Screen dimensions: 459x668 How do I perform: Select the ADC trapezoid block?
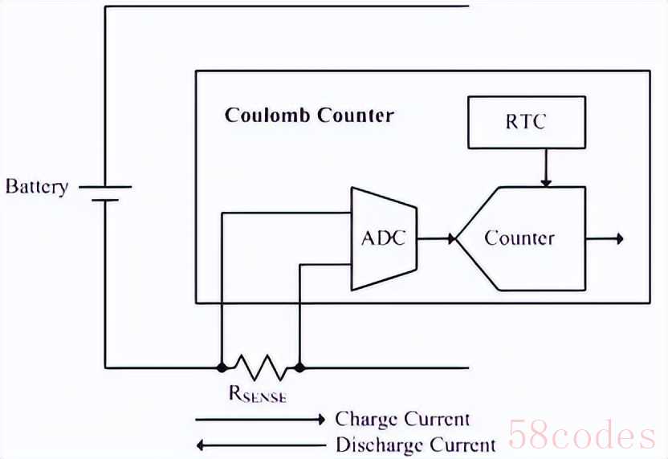pyautogui.click(x=384, y=238)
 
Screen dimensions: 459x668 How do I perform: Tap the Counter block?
pyautogui.click(x=519, y=238)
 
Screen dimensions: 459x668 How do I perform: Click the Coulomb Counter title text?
pyautogui.click(x=309, y=115)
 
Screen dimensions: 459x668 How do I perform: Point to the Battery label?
pyautogui.click(x=37, y=187)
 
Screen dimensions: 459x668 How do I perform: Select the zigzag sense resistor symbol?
pyautogui.click(x=259, y=368)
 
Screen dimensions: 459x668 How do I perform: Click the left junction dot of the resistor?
pyautogui.click(x=221, y=368)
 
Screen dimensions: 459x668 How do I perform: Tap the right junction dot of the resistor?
pyautogui.click(x=299, y=368)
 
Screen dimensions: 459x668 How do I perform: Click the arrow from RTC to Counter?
pyautogui.click(x=545, y=168)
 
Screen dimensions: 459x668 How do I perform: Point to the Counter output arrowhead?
pyautogui.click(x=618, y=238)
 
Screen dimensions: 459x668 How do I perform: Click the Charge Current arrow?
pyautogui.click(x=260, y=419)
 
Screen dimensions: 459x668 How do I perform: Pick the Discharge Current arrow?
pyautogui.click(x=260, y=445)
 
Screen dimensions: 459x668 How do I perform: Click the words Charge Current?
pyautogui.click(x=402, y=419)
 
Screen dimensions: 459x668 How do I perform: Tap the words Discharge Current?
pyautogui.click(x=415, y=445)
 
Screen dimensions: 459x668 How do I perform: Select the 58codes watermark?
pyautogui.click(x=581, y=437)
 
